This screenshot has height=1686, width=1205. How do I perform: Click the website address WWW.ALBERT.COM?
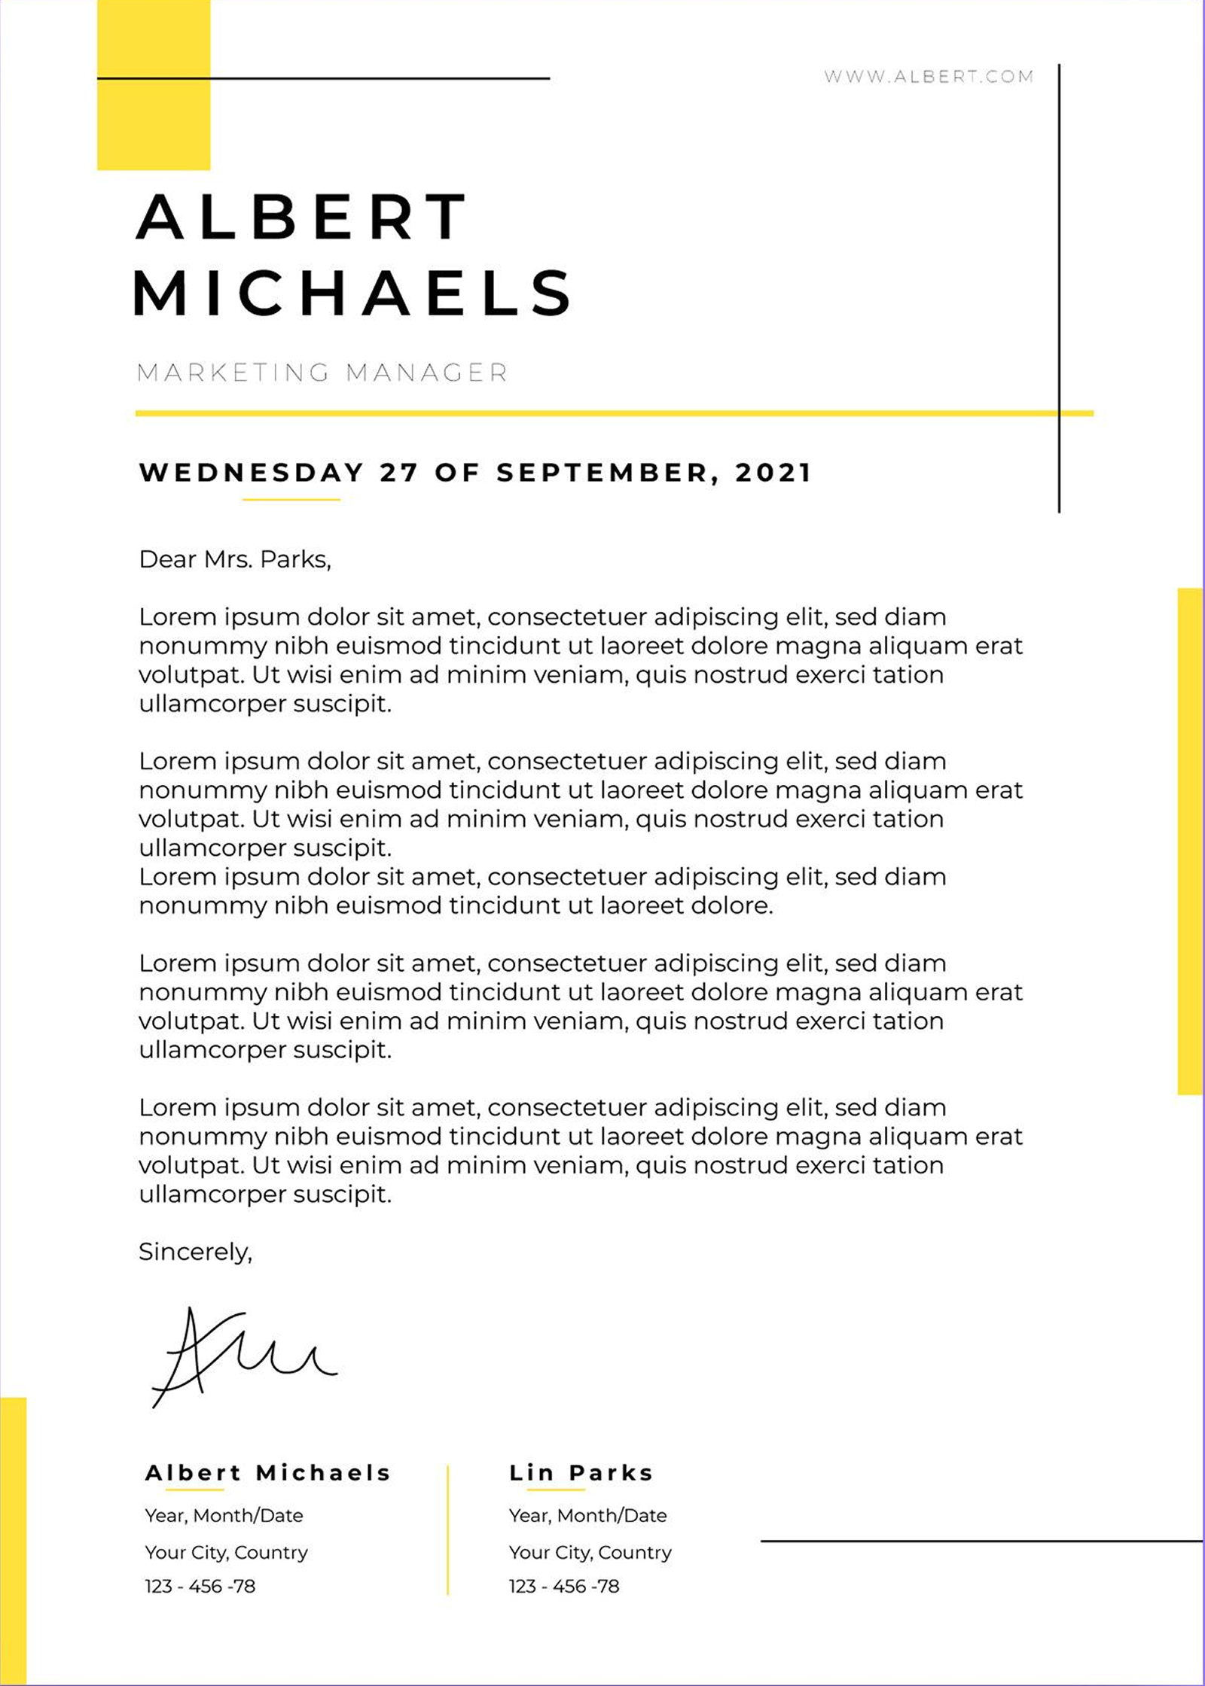928,76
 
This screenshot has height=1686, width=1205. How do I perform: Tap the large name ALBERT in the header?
301,217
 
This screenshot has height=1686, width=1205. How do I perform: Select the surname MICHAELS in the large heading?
352,293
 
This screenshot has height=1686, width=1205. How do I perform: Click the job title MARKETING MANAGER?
322,373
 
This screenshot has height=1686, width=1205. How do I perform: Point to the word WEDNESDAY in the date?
252,473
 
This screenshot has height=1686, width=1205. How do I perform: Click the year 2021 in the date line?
773,473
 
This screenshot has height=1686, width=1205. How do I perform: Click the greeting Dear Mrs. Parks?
235,559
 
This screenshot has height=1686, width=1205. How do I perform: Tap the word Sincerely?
195,1252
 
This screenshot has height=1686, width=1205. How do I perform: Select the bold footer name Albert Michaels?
267,1473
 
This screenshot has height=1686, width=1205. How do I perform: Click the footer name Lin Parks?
581,1473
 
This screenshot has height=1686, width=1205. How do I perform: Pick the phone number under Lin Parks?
564,1587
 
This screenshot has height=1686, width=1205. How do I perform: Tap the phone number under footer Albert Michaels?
200,1587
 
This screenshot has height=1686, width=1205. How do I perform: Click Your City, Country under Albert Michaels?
227,1553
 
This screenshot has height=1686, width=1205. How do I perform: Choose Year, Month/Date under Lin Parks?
587,1515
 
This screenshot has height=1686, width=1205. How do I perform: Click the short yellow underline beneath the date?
291,499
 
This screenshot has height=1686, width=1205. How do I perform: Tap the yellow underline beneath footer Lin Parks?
556,1490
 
